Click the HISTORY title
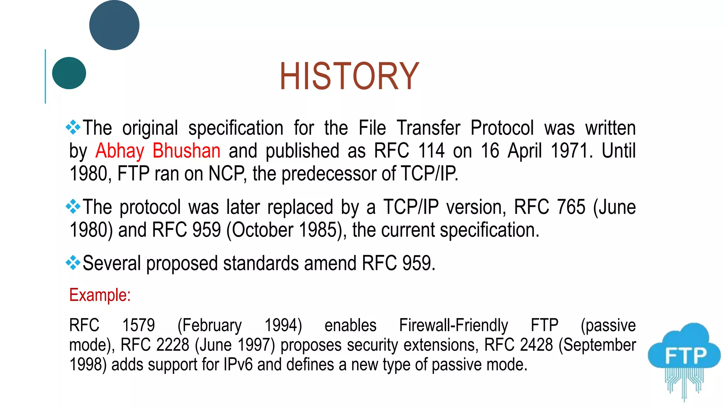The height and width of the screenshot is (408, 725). tap(349, 76)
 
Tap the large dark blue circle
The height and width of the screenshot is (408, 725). tap(114, 25)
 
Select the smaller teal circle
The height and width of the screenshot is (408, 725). tap(69, 73)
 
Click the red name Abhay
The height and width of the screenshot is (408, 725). tap(120, 151)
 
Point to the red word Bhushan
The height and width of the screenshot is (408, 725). tap(186, 151)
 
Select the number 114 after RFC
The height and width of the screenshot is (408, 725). tap(431, 151)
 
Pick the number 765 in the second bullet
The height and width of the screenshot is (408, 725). tap(571, 207)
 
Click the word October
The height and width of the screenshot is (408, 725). tap(262, 230)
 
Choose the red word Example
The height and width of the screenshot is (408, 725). tap(100, 295)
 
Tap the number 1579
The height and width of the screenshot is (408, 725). tap(138, 325)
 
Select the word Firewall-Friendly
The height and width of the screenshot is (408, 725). tap(453, 325)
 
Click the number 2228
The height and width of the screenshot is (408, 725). tap(173, 345)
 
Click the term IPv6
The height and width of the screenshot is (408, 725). tap(238, 365)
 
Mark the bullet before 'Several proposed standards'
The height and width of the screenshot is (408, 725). tap(73, 263)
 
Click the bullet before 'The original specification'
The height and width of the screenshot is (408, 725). tap(73, 127)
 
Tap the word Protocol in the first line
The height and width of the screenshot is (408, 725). tap(502, 128)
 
